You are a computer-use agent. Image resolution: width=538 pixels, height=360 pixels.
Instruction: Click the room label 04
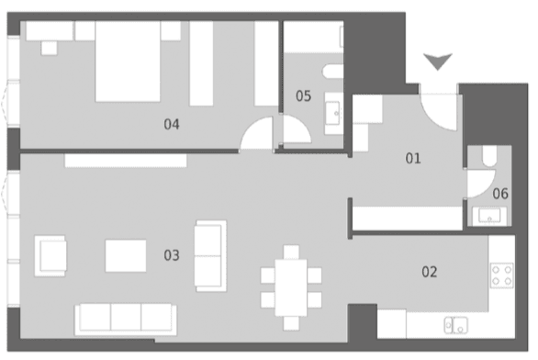click(172, 124)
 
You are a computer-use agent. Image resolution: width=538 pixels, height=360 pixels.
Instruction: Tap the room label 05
click(304, 96)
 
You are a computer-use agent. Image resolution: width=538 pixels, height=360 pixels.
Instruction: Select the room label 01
click(413, 158)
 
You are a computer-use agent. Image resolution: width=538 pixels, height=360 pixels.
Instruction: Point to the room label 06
click(500, 194)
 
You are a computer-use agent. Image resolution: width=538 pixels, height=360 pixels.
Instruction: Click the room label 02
click(430, 272)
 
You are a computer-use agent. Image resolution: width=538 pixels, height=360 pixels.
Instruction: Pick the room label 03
click(172, 255)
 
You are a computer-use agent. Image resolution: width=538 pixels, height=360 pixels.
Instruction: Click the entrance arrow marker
click(437, 62)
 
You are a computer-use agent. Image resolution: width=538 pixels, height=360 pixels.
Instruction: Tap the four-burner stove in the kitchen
click(501, 276)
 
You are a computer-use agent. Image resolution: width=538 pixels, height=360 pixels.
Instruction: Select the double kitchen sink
click(455, 325)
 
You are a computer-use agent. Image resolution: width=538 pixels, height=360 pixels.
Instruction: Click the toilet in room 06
click(489, 156)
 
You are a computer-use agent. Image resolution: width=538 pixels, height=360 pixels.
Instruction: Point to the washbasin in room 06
click(489, 216)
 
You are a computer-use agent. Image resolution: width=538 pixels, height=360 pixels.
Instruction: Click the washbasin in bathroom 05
click(333, 113)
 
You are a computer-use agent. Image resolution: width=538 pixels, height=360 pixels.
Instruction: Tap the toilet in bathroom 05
click(333, 71)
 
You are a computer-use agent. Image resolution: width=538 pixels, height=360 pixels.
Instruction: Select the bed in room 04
click(128, 62)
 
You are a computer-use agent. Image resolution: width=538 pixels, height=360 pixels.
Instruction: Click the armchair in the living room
click(50, 255)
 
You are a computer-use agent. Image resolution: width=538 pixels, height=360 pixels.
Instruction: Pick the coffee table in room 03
click(126, 255)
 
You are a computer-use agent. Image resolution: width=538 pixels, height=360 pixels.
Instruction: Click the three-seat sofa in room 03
click(126, 320)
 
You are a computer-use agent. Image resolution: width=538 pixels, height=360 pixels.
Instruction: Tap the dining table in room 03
click(291, 287)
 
